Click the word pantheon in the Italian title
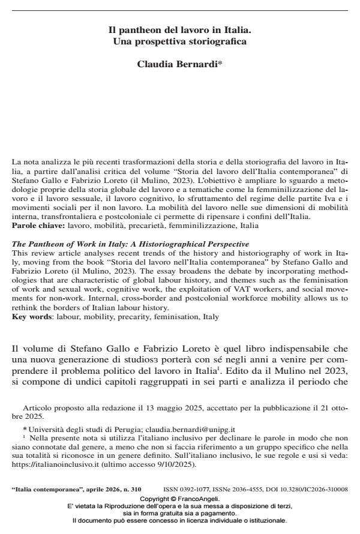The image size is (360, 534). click(x=134, y=30)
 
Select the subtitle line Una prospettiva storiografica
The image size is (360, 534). click(x=179, y=41)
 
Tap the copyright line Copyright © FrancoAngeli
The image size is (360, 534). click(x=179, y=499)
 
